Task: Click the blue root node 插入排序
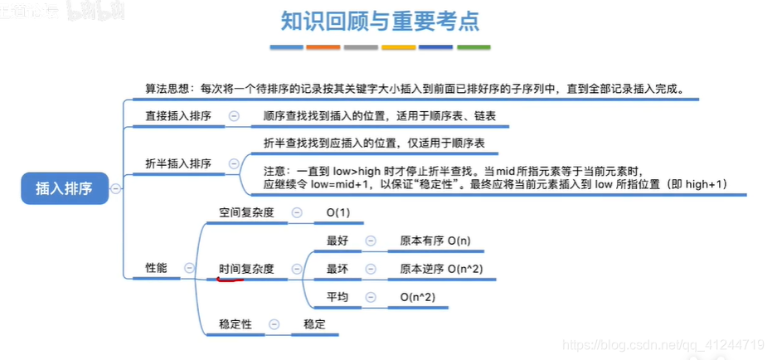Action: click(x=64, y=189)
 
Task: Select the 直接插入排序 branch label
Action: click(x=178, y=117)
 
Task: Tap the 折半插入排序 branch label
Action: click(x=178, y=163)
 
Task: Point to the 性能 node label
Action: click(x=156, y=268)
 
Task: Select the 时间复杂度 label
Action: click(x=246, y=269)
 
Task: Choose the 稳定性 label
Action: click(x=235, y=324)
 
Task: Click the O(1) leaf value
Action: click(x=338, y=213)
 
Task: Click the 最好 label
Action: click(x=337, y=241)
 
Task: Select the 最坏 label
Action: click(x=337, y=269)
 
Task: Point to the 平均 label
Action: click(x=337, y=296)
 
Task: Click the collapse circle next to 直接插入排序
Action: click(x=234, y=117)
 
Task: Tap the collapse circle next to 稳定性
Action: click(x=274, y=324)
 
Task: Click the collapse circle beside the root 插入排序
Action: click(x=115, y=189)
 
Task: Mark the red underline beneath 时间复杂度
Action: click(x=230, y=279)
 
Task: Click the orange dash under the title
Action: click(x=323, y=47)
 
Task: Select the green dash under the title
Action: click(x=473, y=47)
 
